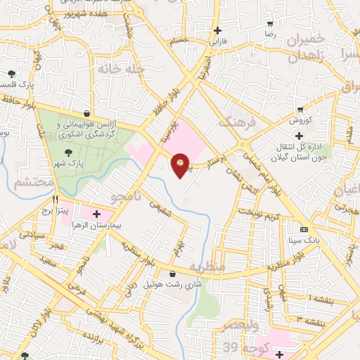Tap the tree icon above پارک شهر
click(67, 152)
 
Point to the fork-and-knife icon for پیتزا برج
click(55, 199)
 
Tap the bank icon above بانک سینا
click(304, 230)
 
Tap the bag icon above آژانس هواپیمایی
click(86, 112)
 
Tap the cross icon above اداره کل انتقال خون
click(299, 136)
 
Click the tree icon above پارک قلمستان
click(12, 73)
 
